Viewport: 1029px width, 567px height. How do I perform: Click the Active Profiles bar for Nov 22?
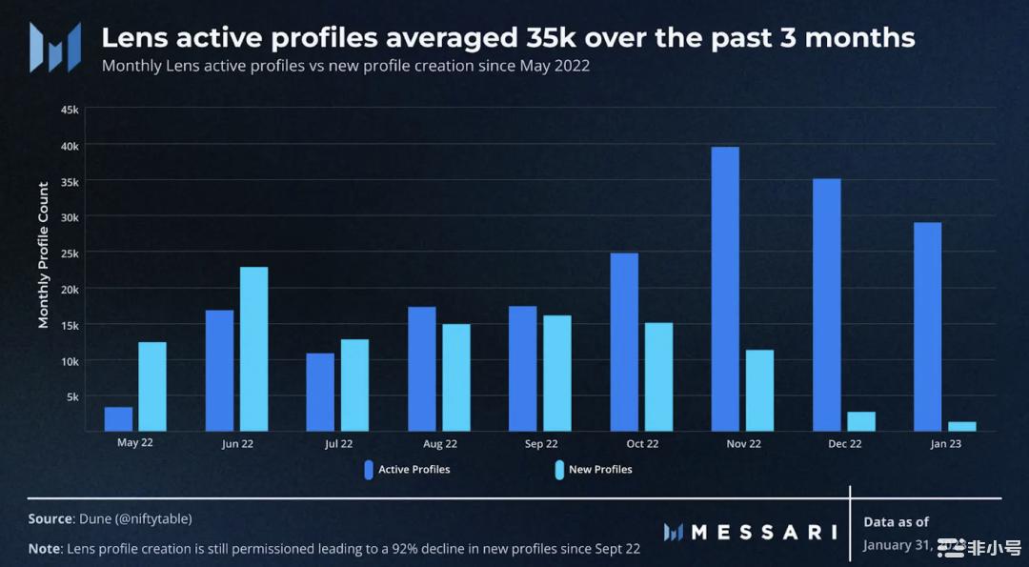724,289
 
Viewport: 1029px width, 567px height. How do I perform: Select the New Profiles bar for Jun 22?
253,349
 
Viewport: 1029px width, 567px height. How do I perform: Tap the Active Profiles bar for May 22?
118,419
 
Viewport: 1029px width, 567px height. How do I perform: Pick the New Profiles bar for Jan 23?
961,426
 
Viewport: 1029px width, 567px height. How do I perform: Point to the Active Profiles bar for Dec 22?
826,305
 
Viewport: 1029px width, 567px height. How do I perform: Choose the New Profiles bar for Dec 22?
860,421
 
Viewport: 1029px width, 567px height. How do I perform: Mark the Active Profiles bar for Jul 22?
320,392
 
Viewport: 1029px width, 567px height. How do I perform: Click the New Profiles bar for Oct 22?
658,376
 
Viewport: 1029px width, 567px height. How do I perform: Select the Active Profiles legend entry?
408,469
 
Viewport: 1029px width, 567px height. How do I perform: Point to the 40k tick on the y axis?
70,145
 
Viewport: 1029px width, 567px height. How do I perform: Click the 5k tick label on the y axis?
72,396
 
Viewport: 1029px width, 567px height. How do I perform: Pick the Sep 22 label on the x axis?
540,443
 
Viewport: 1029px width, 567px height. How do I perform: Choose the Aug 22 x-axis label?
439,443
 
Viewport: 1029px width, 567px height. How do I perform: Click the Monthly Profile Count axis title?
43,254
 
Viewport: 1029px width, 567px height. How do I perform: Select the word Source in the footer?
50,518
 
